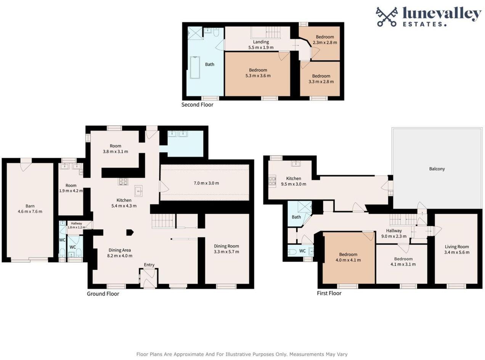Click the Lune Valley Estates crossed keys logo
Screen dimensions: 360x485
pos(387,17)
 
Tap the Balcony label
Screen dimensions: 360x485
pos(437,169)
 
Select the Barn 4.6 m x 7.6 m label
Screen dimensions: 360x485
pos(30,209)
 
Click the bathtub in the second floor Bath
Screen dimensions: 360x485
pos(195,68)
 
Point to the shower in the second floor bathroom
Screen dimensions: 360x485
pos(195,33)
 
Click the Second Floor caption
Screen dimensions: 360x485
pos(197,104)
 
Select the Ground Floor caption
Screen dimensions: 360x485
pos(103,294)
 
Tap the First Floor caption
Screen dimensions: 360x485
pos(329,293)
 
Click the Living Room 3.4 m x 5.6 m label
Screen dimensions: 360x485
pos(456,249)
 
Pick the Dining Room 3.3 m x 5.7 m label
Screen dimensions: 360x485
pos(226,249)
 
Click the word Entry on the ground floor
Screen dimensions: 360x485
pos(149,265)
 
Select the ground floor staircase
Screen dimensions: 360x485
pos(163,221)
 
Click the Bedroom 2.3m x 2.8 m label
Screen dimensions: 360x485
pos(325,40)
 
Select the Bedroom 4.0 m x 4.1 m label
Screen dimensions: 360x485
pos(348,257)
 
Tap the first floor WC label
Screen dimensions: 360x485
pos(302,251)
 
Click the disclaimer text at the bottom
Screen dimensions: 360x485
pos(242,354)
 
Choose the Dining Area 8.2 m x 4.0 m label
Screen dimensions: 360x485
pos(119,253)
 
